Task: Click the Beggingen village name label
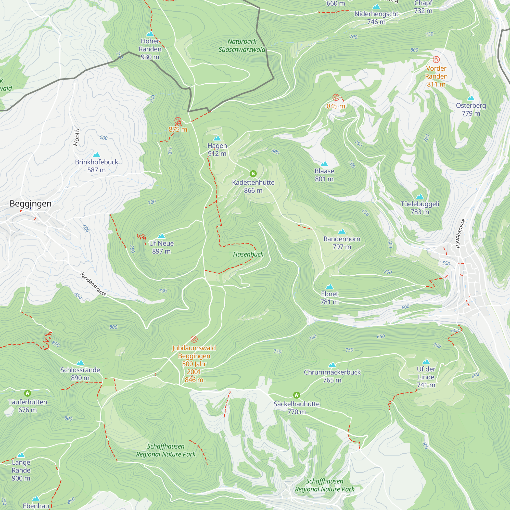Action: [x=30, y=203]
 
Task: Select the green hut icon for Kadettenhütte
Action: [x=253, y=173]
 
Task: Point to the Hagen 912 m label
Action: [x=217, y=150]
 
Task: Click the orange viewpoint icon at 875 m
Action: [x=178, y=121]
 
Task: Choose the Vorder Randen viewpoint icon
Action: [x=436, y=60]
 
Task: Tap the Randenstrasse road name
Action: [x=93, y=284]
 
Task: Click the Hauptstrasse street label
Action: [x=461, y=233]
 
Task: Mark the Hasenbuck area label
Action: [x=248, y=254]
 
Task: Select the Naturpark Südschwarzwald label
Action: [x=242, y=45]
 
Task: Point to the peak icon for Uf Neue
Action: [x=161, y=236]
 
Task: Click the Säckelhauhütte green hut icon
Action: [x=297, y=395]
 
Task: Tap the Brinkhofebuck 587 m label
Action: [x=96, y=166]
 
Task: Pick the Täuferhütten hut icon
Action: [x=28, y=393]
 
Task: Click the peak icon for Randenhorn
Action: [x=342, y=232]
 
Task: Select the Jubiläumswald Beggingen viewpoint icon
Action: [x=194, y=339]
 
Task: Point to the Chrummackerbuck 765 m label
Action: [x=332, y=376]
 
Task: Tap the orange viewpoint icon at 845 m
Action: [x=336, y=97]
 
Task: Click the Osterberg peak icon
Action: [x=471, y=98]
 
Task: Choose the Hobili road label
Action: [x=76, y=137]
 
